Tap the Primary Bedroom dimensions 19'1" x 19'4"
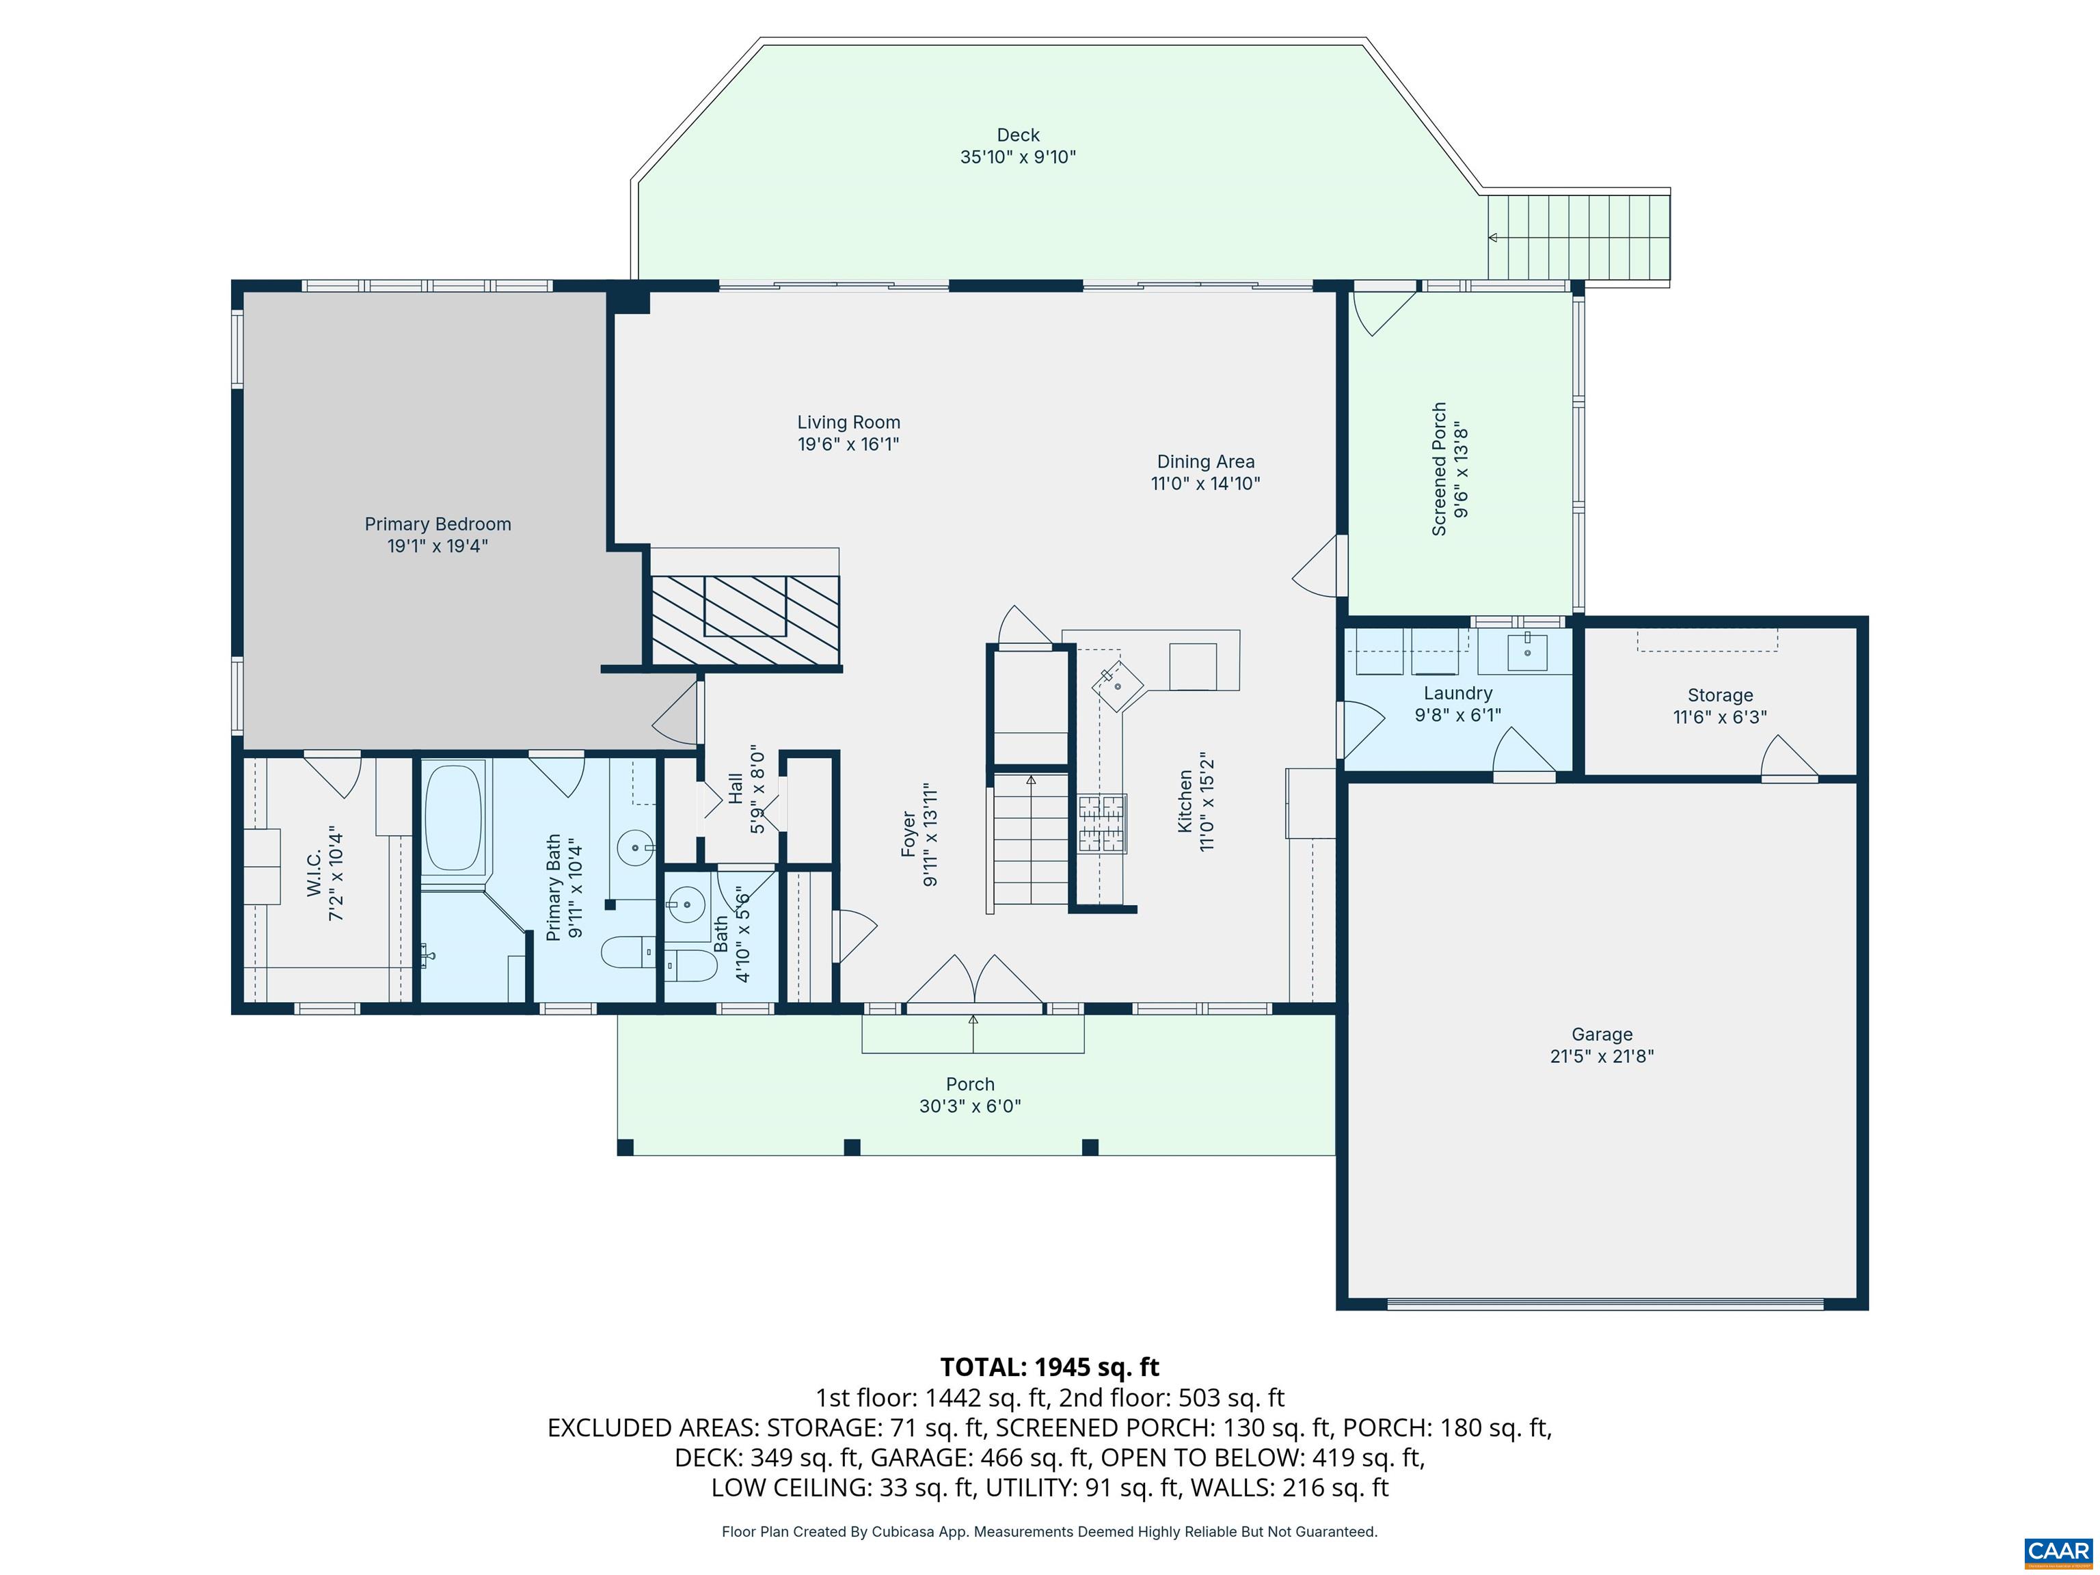coord(437,546)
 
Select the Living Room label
coord(848,422)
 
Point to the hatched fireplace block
coord(745,619)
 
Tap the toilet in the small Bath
coord(690,965)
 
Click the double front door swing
coord(974,982)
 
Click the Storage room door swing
coord(1788,757)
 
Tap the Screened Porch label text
coord(1439,469)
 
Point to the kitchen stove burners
coord(1101,823)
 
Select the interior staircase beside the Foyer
coord(1030,841)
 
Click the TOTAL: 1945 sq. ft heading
coord(1049,1367)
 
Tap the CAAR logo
coord(2058,1551)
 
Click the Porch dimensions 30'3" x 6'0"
coord(969,1106)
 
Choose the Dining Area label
coord(1204,462)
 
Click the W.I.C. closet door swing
coord(335,774)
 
